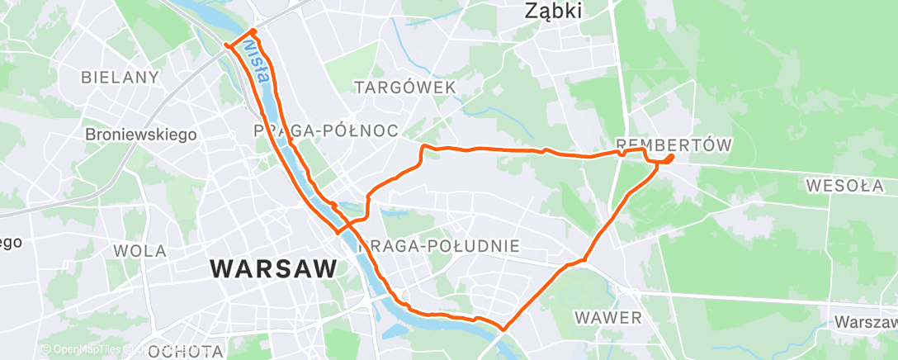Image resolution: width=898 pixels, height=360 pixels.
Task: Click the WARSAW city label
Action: (x=274, y=268)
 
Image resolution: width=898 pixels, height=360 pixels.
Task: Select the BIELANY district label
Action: (x=120, y=77)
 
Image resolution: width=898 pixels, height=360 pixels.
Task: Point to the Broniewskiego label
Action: (x=141, y=134)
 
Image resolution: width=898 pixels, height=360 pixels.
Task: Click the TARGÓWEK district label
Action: (x=404, y=87)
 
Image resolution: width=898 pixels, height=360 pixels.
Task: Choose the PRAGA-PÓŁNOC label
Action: (x=325, y=130)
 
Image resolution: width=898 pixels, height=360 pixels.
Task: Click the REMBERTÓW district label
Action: (x=674, y=145)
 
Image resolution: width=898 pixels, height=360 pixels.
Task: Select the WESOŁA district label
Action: (x=845, y=185)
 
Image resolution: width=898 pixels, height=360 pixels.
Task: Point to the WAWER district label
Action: (x=608, y=317)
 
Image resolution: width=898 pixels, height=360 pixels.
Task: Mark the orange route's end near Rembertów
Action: (x=672, y=156)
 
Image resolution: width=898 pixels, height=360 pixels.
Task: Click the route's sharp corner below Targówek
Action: (x=423, y=147)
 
